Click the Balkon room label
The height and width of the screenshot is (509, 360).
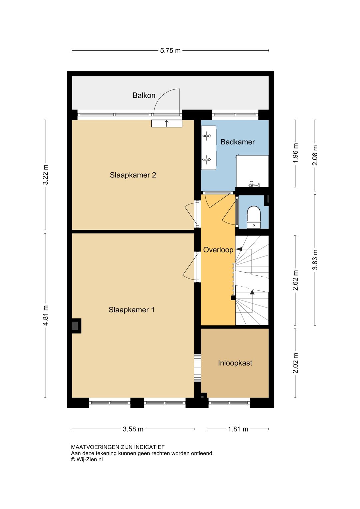(144, 95)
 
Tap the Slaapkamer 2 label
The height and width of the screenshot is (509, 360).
(133, 175)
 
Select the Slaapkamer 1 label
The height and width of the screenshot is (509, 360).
(132, 310)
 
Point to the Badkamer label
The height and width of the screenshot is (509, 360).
(238, 142)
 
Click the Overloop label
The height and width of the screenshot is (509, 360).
(218, 250)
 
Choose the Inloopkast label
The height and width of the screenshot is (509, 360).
(235, 363)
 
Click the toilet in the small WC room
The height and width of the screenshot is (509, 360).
(254, 217)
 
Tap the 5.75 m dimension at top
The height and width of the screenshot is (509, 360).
(170, 51)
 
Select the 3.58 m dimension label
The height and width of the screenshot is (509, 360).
(133, 429)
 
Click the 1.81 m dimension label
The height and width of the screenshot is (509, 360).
(238, 429)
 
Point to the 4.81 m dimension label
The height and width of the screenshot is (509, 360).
(46, 316)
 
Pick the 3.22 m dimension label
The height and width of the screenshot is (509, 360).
(46, 175)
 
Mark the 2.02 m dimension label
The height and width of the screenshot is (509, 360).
(295, 363)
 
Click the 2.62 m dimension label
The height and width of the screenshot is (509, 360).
(295, 281)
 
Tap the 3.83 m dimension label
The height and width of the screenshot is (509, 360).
(315, 260)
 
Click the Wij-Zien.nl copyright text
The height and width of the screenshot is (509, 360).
(87, 459)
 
